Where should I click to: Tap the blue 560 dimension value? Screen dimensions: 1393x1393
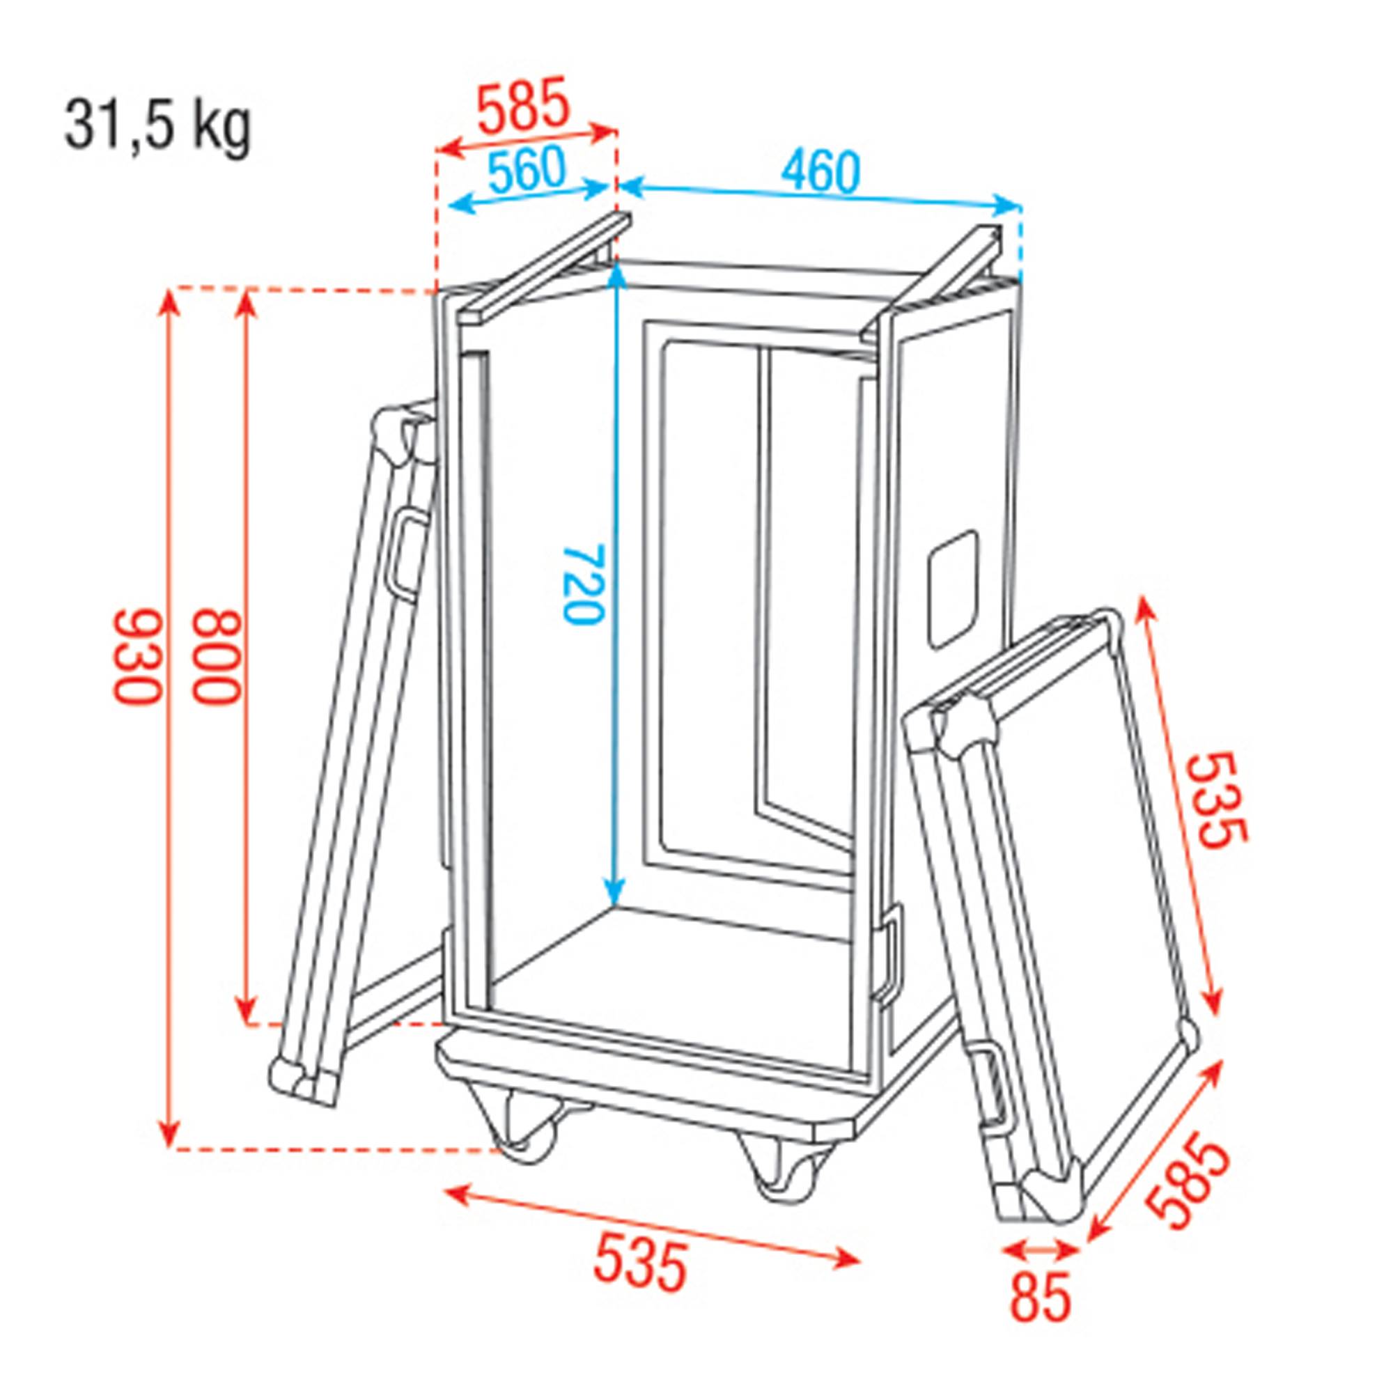(x=526, y=171)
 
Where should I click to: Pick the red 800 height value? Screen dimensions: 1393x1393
(x=215, y=657)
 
